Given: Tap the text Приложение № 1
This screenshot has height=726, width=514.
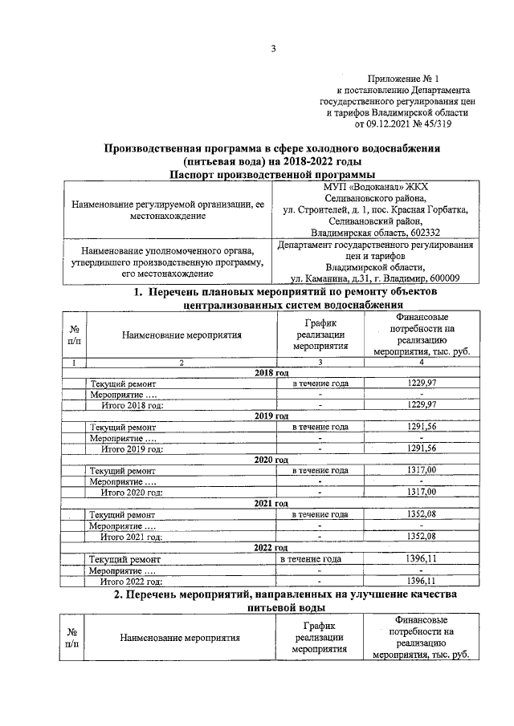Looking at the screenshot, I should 401,79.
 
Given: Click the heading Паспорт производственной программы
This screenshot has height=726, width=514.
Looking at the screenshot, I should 272,174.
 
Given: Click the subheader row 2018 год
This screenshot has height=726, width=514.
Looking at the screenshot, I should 271,373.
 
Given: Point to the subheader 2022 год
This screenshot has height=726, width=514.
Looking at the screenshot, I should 271,546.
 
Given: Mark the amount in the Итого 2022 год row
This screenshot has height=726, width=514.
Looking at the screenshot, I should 421,580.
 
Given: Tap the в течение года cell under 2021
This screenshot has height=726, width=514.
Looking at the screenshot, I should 320,514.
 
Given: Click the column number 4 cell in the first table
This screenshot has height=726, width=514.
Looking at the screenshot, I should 421,363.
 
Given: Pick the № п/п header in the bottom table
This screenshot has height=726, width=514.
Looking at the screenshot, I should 71,638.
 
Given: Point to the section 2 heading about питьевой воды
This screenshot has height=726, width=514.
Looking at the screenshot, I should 272,602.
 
